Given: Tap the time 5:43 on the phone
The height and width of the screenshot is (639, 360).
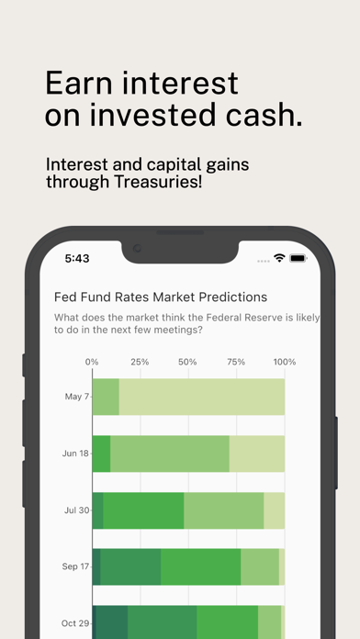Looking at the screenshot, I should [77, 259].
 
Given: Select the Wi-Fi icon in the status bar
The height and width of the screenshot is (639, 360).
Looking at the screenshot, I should [279, 258].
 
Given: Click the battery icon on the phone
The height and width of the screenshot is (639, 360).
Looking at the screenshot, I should [299, 259].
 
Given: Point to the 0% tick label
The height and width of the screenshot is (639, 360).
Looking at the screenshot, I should [92, 362].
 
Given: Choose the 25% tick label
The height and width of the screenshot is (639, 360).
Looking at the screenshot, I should [140, 362].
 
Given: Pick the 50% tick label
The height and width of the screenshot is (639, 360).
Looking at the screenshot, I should [187, 362].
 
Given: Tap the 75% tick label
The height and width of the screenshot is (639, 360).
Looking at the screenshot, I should [235, 362].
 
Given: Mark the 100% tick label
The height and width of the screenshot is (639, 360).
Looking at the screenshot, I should [284, 362].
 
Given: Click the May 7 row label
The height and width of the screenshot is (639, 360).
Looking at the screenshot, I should [76, 397].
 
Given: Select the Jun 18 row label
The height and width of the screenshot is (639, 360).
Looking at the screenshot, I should [74, 454].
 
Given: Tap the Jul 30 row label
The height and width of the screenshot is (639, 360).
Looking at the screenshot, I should [75, 510].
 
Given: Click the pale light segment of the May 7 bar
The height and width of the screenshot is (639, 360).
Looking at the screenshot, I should [202, 397].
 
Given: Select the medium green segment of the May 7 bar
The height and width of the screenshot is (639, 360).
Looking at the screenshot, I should [106, 397].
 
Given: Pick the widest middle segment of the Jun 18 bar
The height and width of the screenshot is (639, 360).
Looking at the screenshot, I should [170, 454].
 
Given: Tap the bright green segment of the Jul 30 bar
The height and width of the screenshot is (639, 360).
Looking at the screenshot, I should [143, 510].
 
